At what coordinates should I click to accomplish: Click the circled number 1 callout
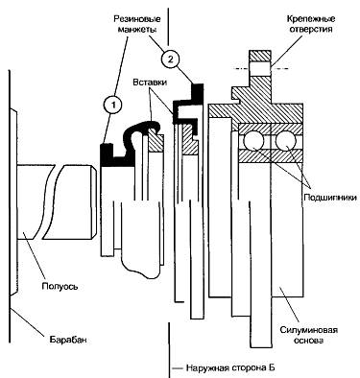pyautogui.click(x=113, y=106)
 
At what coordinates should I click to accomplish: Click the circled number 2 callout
pyautogui.click(x=170, y=59)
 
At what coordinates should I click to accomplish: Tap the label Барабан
pyautogui.click(x=68, y=340)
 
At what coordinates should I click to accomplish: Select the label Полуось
pyautogui.click(x=60, y=286)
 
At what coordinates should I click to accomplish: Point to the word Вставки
pyautogui.click(x=150, y=83)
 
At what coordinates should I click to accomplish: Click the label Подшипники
pyautogui.click(x=329, y=198)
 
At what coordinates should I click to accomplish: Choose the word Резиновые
pyautogui.click(x=137, y=18)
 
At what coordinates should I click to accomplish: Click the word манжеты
pyautogui.click(x=137, y=30)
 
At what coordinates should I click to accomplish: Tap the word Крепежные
pyautogui.click(x=311, y=18)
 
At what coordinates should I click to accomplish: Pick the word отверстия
pyautogui.click(x=311, y=30)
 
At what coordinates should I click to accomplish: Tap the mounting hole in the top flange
pyautogui.click(x=261, y=68)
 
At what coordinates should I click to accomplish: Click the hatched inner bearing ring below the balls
pyautogui.click(x=271, y=156)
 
